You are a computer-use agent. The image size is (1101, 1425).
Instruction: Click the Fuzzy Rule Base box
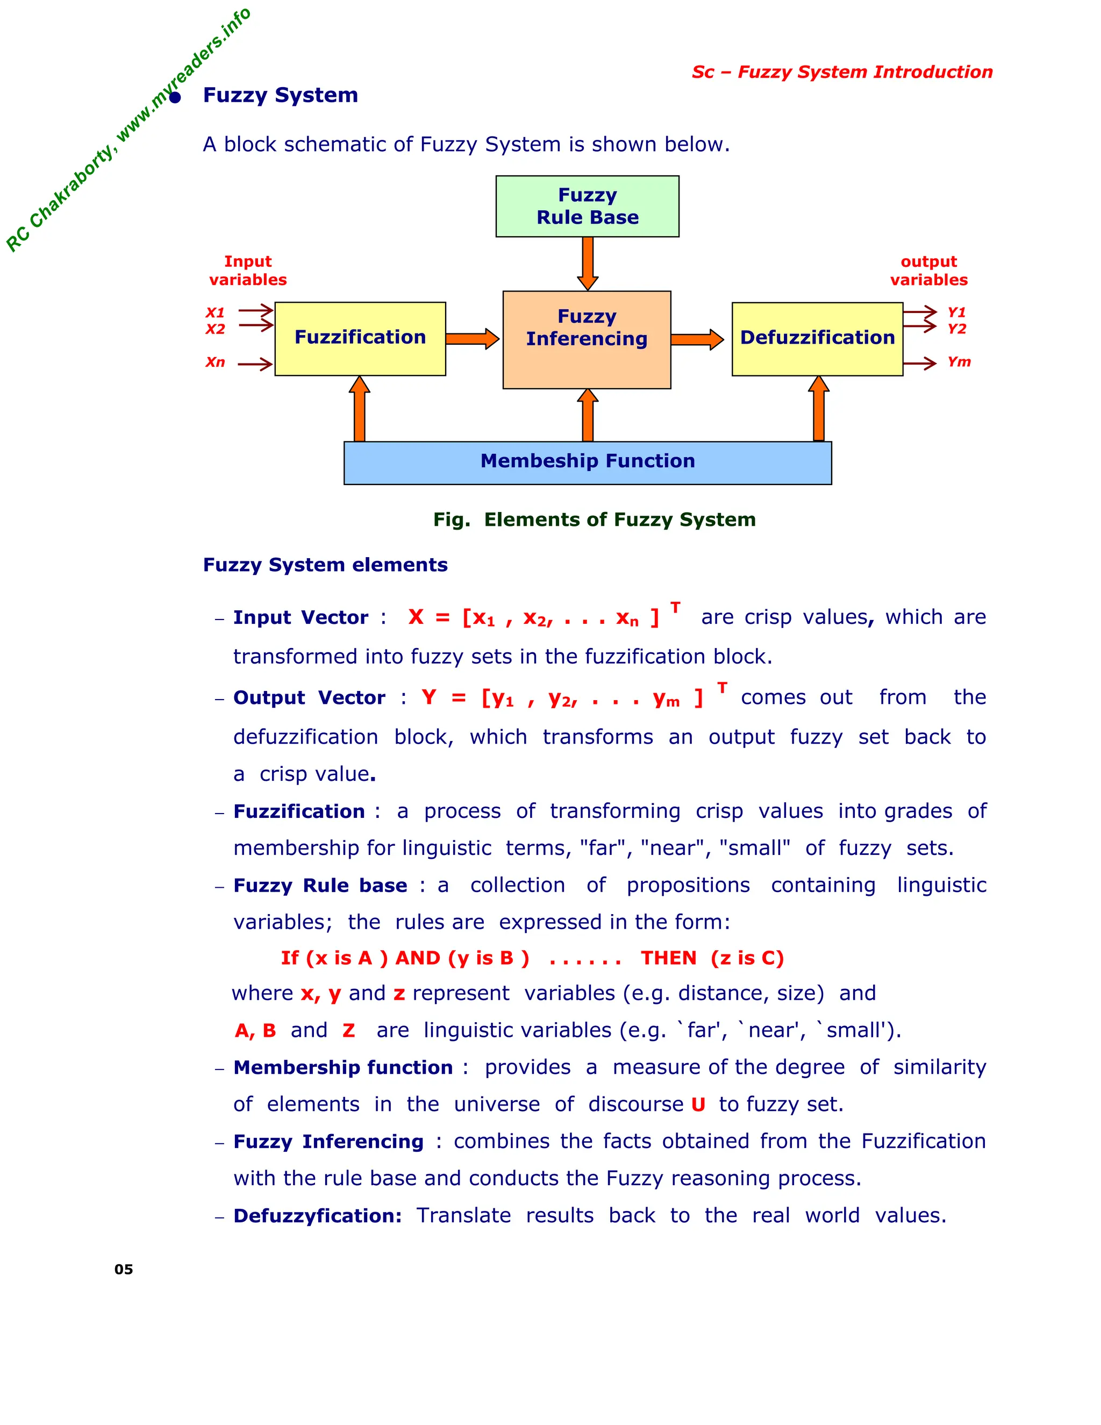pos(587,206)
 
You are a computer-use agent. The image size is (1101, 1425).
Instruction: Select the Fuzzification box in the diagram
pos(360,338)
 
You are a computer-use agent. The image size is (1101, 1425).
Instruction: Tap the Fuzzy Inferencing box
pos(587,339)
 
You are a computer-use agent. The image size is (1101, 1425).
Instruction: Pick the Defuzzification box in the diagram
pos(817,338)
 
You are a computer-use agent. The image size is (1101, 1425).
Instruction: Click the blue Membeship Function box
pos(587,462)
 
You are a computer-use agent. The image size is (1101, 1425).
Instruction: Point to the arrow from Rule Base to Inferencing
pos(588,263)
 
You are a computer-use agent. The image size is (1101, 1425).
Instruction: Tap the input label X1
pos(215,312)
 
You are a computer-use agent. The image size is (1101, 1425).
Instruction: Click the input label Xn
pos(215,362)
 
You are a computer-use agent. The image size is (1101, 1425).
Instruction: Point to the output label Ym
pos(959,362)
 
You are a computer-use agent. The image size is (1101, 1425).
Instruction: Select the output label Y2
pos(957,329)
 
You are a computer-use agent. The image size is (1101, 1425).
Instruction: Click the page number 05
pos(123,1270)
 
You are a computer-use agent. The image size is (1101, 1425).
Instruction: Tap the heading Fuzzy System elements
pos(325,565)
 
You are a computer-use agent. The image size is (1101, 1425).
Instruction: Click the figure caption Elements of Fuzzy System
pos(594,519)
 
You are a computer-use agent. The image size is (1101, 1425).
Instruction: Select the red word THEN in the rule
pos(669,958)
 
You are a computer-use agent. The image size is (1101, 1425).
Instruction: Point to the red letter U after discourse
pos(698,1105)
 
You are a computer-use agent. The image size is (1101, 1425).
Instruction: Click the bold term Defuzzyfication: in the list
pos(318,1216)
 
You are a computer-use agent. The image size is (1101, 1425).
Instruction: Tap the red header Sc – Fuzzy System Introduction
pos(842,72)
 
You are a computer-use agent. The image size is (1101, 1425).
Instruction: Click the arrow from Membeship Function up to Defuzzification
pos(819,410)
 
